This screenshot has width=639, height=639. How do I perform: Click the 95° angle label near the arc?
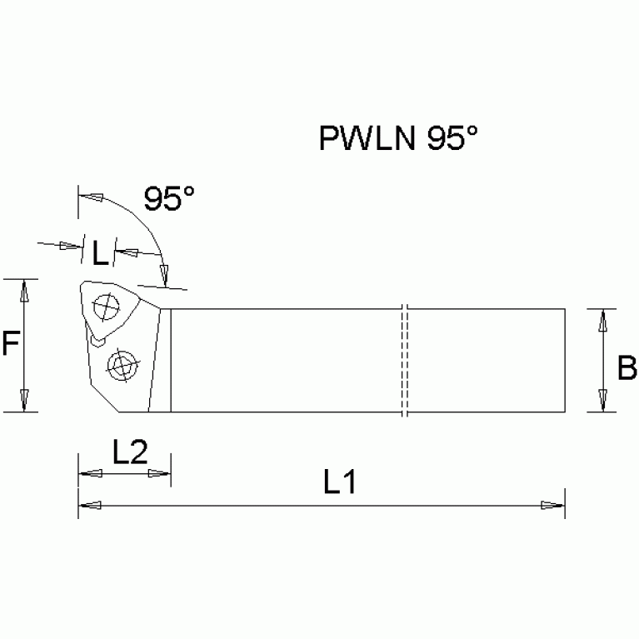tap(169, 199)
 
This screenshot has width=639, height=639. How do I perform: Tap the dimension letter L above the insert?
tap(100, 252)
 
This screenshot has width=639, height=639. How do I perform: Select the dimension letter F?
tap(9, 343)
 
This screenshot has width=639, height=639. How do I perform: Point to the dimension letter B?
tap(627, 367)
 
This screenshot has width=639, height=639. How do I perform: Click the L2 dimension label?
tap(129, 452)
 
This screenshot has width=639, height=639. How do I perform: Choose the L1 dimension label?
tap(340, 482)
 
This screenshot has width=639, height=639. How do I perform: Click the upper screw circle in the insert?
tap(106, 308)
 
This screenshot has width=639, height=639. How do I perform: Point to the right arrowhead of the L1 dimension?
tap(553, 505)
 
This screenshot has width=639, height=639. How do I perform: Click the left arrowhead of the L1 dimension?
tap(90, 505)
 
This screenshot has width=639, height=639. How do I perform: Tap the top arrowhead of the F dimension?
tap(25, 290)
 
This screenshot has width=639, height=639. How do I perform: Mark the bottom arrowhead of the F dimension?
tap(25, 401)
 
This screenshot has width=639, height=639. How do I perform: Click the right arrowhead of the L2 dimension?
tap(159, 474)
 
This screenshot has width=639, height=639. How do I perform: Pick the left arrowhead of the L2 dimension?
tap(89, 474)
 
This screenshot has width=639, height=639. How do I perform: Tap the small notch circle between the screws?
tap(99, 340)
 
